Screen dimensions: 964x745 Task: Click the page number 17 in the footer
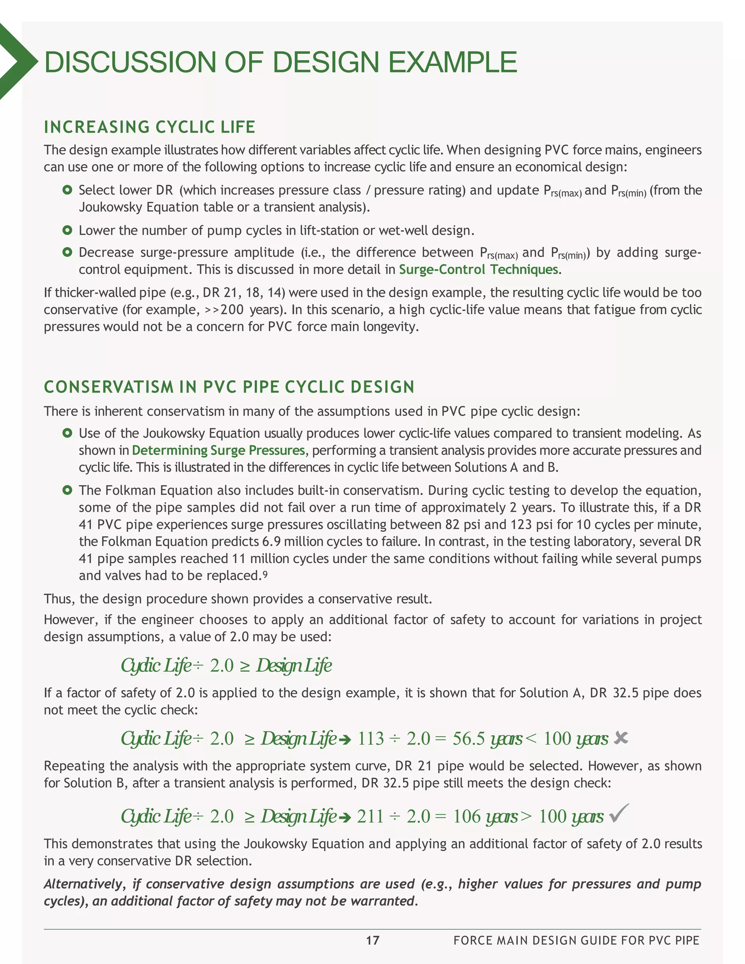372,940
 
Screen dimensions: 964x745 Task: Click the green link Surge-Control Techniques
478,269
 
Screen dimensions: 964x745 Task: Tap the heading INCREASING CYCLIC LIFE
150,127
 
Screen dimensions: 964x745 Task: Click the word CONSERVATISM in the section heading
109,387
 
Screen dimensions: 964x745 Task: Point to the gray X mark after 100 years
621,738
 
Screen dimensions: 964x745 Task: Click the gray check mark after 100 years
619,813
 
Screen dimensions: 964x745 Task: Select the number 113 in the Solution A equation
371,738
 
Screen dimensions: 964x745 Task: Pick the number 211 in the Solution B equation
370,817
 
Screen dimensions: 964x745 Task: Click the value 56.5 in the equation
469,738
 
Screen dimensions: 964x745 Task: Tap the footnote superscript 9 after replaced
265,574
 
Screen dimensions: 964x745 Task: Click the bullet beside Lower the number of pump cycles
67,230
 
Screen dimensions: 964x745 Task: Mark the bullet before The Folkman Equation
67,490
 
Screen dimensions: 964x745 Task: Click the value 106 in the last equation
466,817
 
